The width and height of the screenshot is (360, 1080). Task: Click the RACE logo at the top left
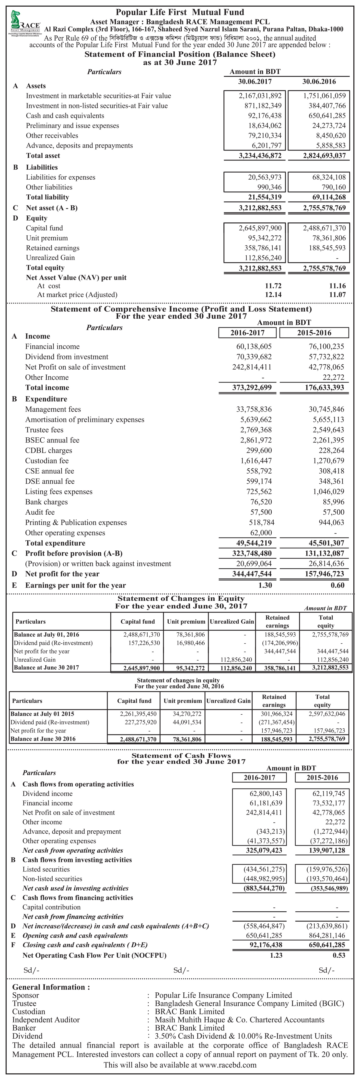25,23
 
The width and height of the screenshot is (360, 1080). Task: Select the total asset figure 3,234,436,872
260,156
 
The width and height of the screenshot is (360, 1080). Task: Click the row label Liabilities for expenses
60,177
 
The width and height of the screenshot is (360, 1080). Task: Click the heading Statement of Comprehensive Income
181,309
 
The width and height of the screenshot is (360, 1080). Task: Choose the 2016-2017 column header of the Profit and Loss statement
247,333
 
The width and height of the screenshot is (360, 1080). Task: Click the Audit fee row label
40,512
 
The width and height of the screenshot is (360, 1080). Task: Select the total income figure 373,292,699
252,387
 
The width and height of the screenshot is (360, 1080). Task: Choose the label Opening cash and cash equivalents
75,936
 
